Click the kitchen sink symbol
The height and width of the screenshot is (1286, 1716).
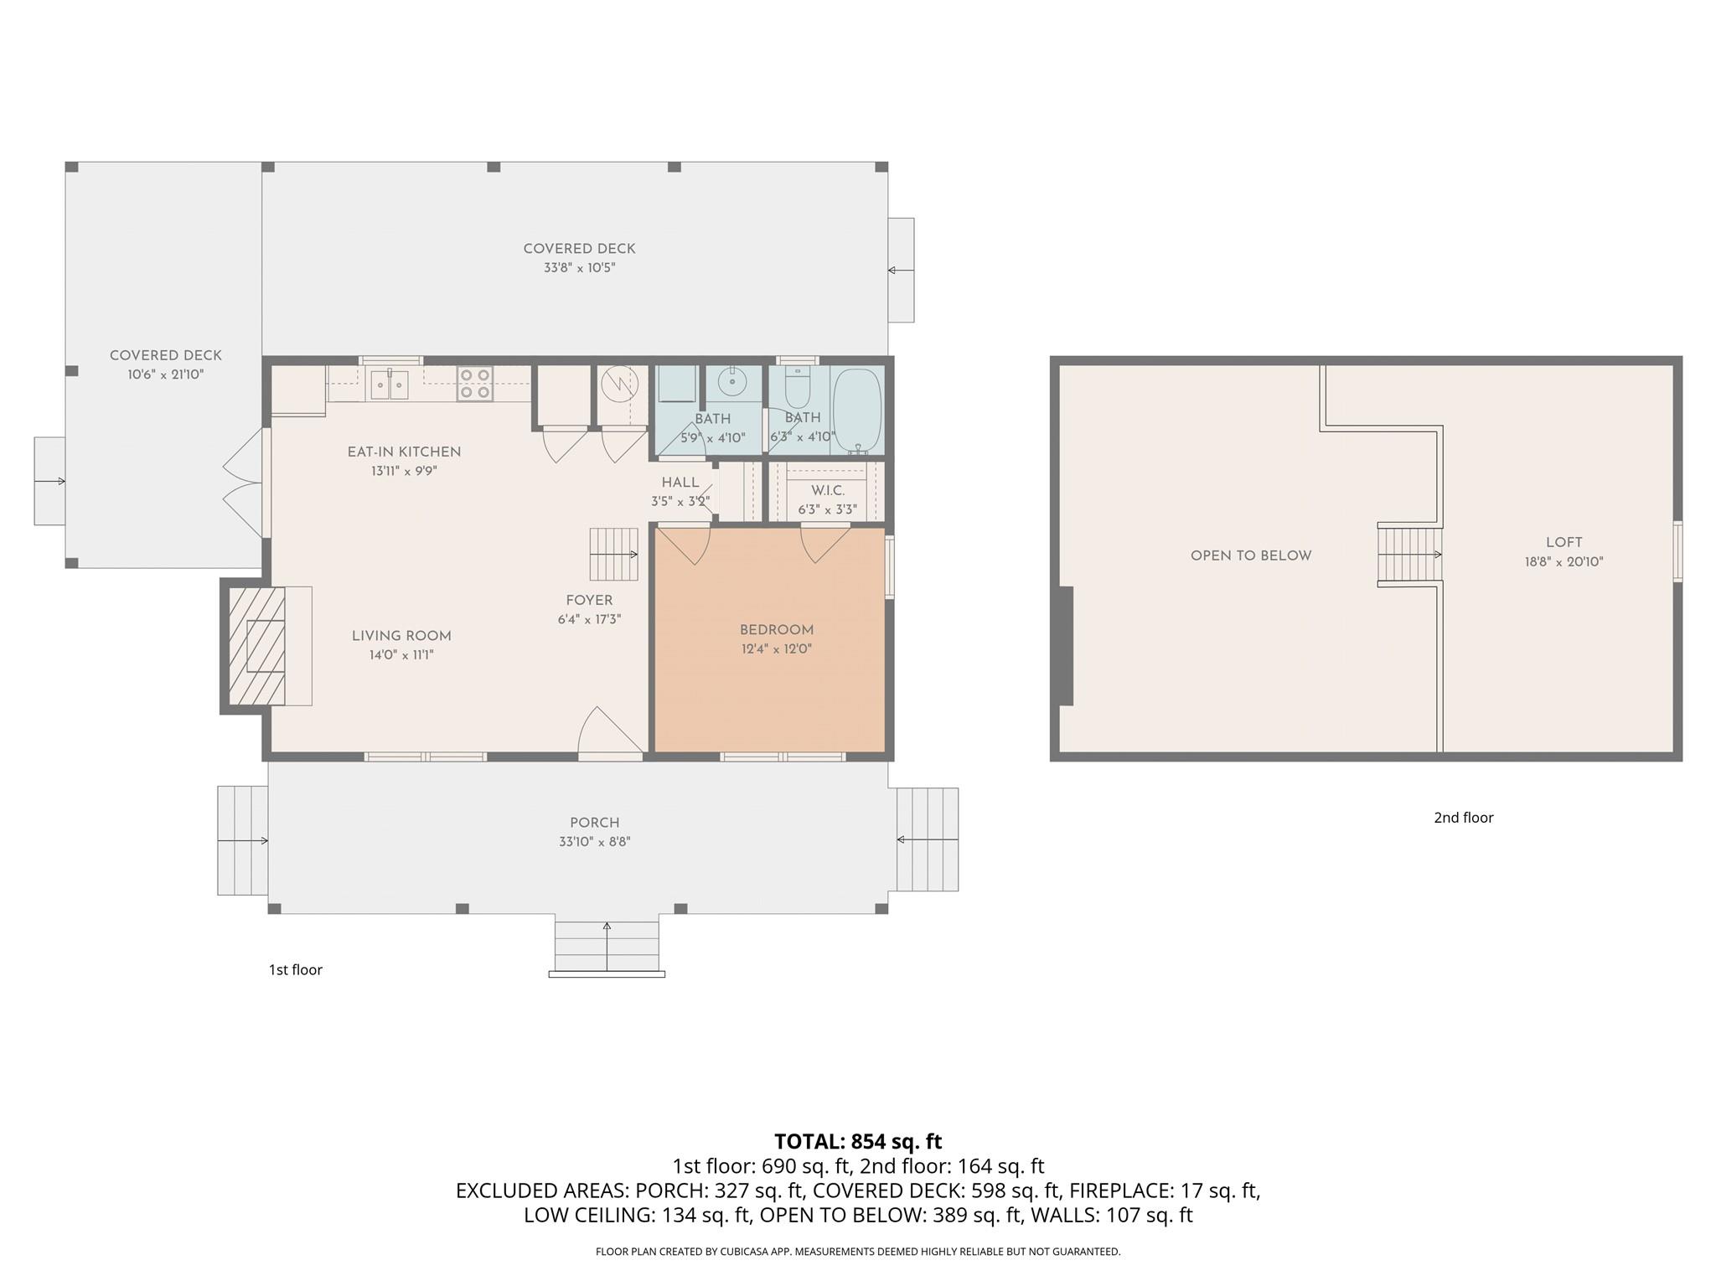[390, 385]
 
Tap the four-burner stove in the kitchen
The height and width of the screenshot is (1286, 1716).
[474, 384]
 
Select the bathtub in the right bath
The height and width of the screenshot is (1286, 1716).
[857, 410]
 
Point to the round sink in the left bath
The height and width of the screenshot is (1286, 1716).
[732, 382]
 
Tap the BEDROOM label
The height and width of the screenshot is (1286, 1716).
[776, 630]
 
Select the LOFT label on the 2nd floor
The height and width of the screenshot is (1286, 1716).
[1564, 542]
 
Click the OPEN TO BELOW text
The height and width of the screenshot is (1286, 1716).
[1250, 555]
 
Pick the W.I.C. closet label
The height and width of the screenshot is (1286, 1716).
[827, 491]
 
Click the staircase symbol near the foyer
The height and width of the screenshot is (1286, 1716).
[613, 554]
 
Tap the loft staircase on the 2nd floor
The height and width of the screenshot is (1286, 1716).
[1409, 554]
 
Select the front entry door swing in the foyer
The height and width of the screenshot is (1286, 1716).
[608, 734]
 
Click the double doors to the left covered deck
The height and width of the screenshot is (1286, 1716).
[244, 483]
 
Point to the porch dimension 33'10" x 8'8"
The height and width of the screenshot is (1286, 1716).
[594, 842]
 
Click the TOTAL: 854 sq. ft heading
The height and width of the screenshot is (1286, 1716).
[857, 1141]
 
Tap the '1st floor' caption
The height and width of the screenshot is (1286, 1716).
[295, 969]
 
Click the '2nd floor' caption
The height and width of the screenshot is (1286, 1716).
[1463, 818]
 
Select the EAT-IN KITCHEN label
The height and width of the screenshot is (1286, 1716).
[404, 452]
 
